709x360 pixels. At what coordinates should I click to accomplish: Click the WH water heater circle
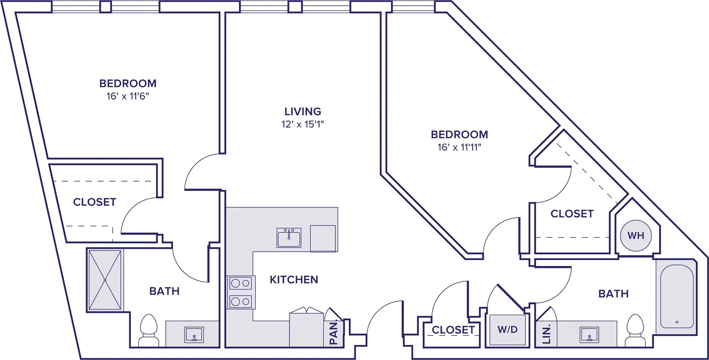[636, 236]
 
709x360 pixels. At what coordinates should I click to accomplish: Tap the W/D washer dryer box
[507, 330]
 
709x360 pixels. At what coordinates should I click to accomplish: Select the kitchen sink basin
[289, 238]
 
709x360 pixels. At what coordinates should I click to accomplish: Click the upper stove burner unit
[241, 283]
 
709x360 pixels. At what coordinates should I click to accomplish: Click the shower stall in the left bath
[105, 280]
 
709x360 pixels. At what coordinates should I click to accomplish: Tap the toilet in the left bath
[149, 331]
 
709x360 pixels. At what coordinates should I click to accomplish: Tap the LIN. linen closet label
[546, 335]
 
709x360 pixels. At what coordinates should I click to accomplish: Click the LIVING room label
[303, 112]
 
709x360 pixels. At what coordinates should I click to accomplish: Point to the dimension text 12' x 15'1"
[303, 124]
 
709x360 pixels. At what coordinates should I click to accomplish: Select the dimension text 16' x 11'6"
[128, 96]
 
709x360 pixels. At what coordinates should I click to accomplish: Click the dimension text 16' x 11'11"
[459, 147]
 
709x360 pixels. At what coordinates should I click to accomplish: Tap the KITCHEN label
[294, 280]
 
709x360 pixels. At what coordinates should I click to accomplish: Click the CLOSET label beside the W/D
[453, 330]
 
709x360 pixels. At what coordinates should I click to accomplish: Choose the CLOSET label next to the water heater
[572, 214]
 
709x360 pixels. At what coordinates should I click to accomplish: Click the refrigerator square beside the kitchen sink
[323, 238]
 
